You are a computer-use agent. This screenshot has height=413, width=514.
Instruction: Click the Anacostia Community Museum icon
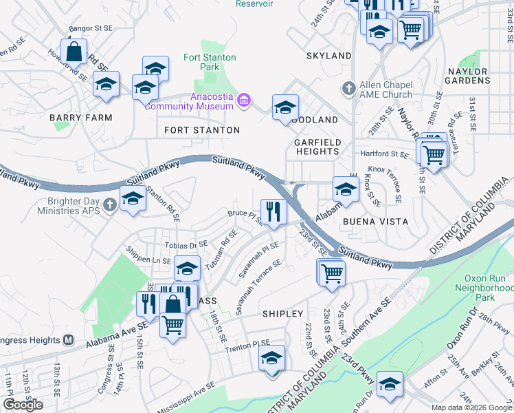(x=242, y=102)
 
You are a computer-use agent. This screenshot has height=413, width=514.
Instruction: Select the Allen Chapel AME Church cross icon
(x=348, y=89)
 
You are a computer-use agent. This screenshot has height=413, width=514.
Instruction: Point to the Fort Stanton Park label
(x=210, y=63)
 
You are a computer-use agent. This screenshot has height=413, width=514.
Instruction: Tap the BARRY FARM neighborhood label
(x=80, y=118)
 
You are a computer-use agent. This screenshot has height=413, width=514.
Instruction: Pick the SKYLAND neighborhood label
(x=329, y=55)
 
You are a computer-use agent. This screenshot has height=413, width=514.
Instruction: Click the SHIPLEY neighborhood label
(x=282, y=313)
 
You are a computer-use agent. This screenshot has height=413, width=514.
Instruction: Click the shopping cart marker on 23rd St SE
(x=332, y=273)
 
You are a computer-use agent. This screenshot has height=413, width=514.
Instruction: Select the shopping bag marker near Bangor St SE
(x=74, y=52)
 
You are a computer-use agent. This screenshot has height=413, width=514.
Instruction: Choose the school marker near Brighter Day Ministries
(x=132, y=199)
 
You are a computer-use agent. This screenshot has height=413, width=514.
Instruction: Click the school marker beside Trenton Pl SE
(x=271, y=358)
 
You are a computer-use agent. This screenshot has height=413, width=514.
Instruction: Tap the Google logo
(x=23, y=405)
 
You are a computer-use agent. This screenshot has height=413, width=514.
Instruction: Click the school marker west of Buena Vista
(x=346, y=189)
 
